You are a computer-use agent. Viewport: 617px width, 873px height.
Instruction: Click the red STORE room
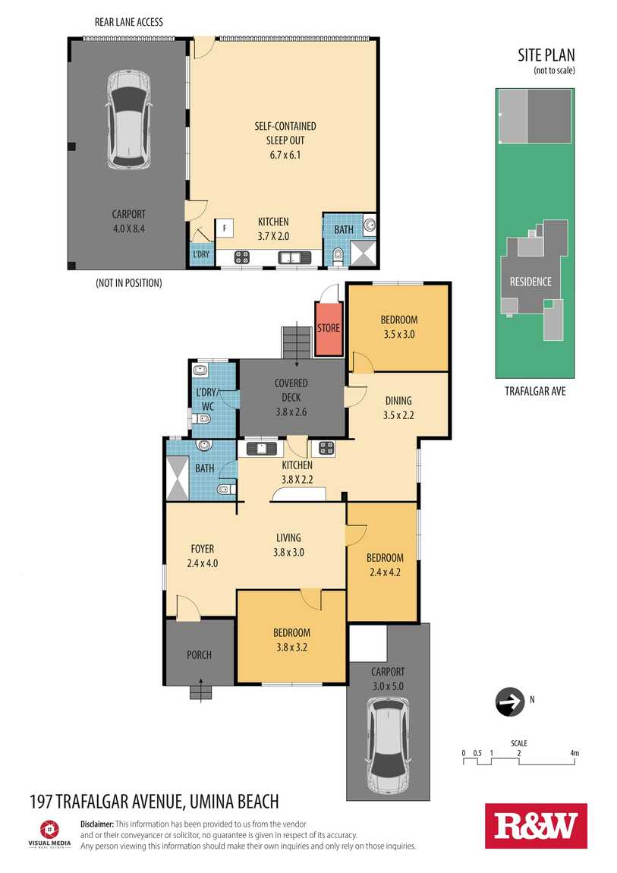pyautogui.click(x=329, y=329)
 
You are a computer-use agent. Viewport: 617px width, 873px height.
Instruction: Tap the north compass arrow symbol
pyautogui.click(x=510, y=701)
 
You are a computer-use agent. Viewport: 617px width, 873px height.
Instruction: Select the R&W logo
pyautogui.click(x=536, y=826)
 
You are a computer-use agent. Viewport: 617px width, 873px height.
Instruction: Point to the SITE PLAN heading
pyautogui.click(x=546, y=55)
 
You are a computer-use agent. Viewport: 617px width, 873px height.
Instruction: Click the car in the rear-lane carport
pyautogui.click(x=129, y=120)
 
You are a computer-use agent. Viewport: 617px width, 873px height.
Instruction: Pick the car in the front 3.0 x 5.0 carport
pyautogui.click(x=388, y=746)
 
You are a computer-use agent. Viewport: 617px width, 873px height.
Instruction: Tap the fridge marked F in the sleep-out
pyautogui.click(x=225, y=228)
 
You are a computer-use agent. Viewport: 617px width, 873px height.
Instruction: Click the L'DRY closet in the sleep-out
pyautogui.click(x=201, y=254)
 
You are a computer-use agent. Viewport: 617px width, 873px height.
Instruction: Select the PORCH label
pyautogui.click(x=199, y=654)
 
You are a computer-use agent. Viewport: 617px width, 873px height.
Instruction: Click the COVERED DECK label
pyautogui.click(x=291, y=390)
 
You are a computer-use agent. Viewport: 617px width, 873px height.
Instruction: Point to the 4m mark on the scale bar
pyautogui.click(x=575, y=753)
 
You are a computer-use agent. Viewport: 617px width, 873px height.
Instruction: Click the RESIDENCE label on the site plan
pyautogui.click(x=530, y=282)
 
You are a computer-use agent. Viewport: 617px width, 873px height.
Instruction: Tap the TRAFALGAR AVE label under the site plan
pyautogui.click(x=535, y=391)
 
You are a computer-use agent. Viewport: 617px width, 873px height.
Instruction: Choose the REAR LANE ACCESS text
pyautogui.click(x=129, y=22)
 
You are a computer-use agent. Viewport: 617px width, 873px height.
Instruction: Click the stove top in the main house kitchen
pyautogui.click(x=326, y=448)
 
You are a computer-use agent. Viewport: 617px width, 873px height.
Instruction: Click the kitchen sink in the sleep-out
pyautogui.click(x=296, y=257)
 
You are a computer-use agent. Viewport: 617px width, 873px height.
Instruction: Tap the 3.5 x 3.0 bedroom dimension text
pyautogui.click(x=399, y=334)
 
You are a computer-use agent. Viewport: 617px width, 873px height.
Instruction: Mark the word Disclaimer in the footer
pyautogui.click(x=97, y=824)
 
